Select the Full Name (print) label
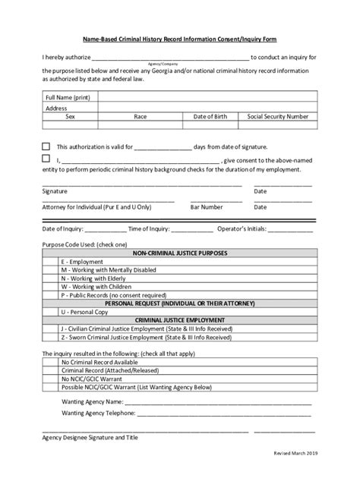pos(68,98)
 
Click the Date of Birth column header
pos(210,117)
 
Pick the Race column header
pos(141,117)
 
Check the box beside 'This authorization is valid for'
pos(46,146)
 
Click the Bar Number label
pos(206,206)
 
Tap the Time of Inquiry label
pos(149,228)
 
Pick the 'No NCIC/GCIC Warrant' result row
pos(95,378)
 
